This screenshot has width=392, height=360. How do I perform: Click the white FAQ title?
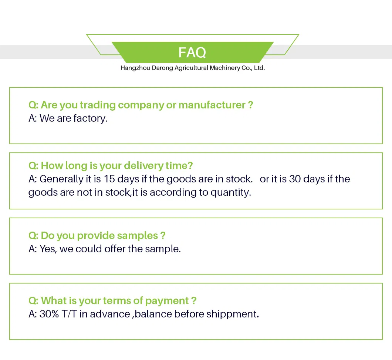coord(192,53)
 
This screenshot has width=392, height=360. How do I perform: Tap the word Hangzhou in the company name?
coord(135,68)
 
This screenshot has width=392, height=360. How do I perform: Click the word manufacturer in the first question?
coord(212,105)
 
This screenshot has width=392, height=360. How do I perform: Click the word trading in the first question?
coord(98,105)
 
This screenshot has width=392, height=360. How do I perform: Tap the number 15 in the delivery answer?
coord(109,179)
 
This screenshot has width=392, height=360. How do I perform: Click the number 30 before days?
coord(295,179)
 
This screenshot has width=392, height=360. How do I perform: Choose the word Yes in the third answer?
coord(48,249)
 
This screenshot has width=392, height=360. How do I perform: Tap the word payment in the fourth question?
coord(167,301)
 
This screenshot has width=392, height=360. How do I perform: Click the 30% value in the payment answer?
coord(49,314)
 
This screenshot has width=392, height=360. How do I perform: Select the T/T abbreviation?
coord(69,314)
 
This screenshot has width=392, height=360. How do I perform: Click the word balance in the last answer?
coord(153,314)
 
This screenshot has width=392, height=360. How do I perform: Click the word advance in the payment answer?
coord(110,314)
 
